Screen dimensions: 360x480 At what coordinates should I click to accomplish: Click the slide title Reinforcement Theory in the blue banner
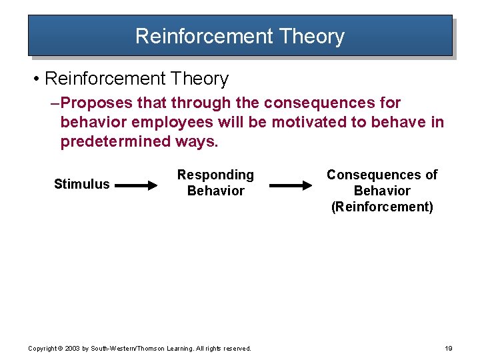point(239,36)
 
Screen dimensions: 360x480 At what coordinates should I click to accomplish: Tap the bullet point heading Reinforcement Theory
point(136,79)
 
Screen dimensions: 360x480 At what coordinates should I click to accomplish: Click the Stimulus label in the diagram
point(81,184)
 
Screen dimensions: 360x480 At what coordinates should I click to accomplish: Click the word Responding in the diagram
point(215,175)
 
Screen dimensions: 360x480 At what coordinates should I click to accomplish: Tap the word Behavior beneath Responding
point(215,191)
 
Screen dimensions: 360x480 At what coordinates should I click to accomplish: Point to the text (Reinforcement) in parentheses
point(382,207)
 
